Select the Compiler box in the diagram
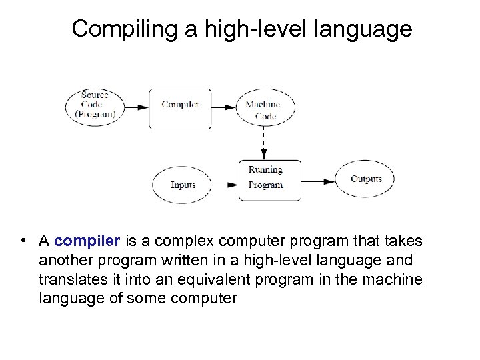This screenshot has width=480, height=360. click(180, 105)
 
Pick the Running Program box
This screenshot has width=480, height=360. click(269, 179)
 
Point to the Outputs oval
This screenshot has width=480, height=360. click(366, 179)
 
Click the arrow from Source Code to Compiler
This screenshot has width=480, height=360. click(139, 106)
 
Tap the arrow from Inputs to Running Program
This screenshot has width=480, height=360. click(225, 182)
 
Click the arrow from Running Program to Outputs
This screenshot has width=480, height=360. click(319, 181)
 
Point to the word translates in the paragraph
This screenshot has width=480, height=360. click(73, 279)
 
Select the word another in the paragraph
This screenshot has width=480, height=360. click(65, 260)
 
